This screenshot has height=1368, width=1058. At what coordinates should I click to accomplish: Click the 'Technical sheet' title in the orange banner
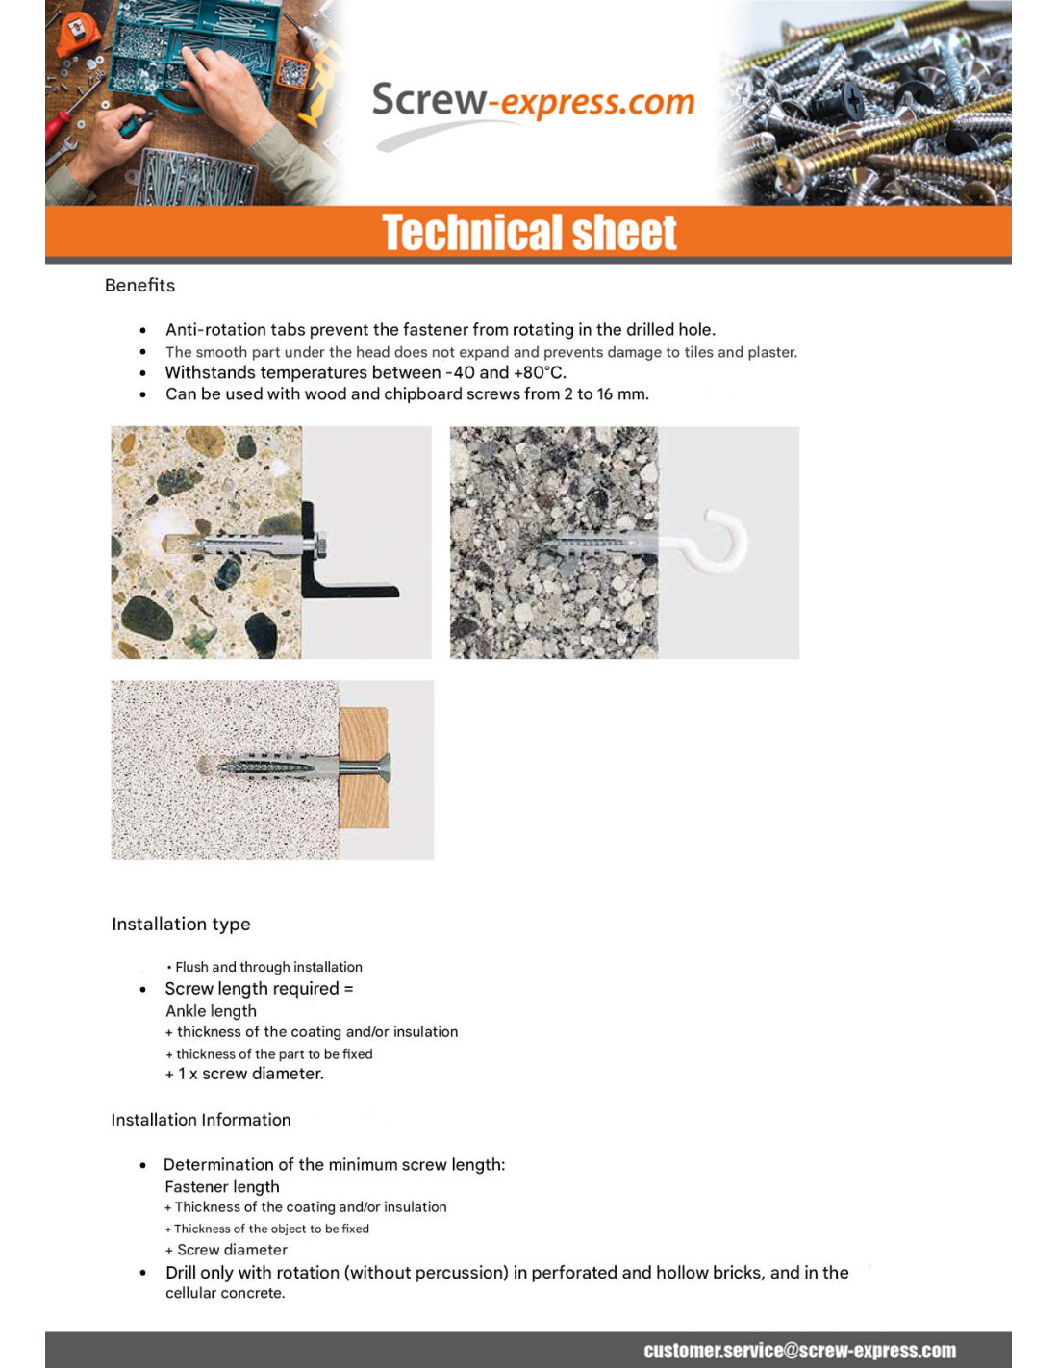coord(529,233)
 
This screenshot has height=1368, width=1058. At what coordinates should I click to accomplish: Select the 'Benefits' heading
coord(139,286)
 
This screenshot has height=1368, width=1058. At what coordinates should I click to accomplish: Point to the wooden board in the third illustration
coord(365,768)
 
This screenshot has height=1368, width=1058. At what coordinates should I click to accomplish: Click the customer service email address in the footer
coord(799,1351)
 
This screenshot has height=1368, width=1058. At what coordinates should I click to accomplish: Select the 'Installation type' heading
coord(181,925)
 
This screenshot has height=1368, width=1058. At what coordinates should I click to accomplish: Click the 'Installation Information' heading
coord(200,1120)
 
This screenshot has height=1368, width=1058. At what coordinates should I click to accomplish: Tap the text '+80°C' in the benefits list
coord(540,373)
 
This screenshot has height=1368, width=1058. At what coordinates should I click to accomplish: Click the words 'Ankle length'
coord(211,1011)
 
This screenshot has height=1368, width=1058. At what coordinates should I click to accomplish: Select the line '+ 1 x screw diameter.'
coord(244,1074)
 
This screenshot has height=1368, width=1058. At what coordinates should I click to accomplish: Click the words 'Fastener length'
coord(222,1187)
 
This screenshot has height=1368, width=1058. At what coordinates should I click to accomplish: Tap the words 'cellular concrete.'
coord(225,1293)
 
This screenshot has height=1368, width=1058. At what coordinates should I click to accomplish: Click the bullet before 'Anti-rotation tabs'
coord(143,330)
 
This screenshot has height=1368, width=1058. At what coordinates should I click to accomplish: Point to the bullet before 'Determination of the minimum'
coord(143,1165)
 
